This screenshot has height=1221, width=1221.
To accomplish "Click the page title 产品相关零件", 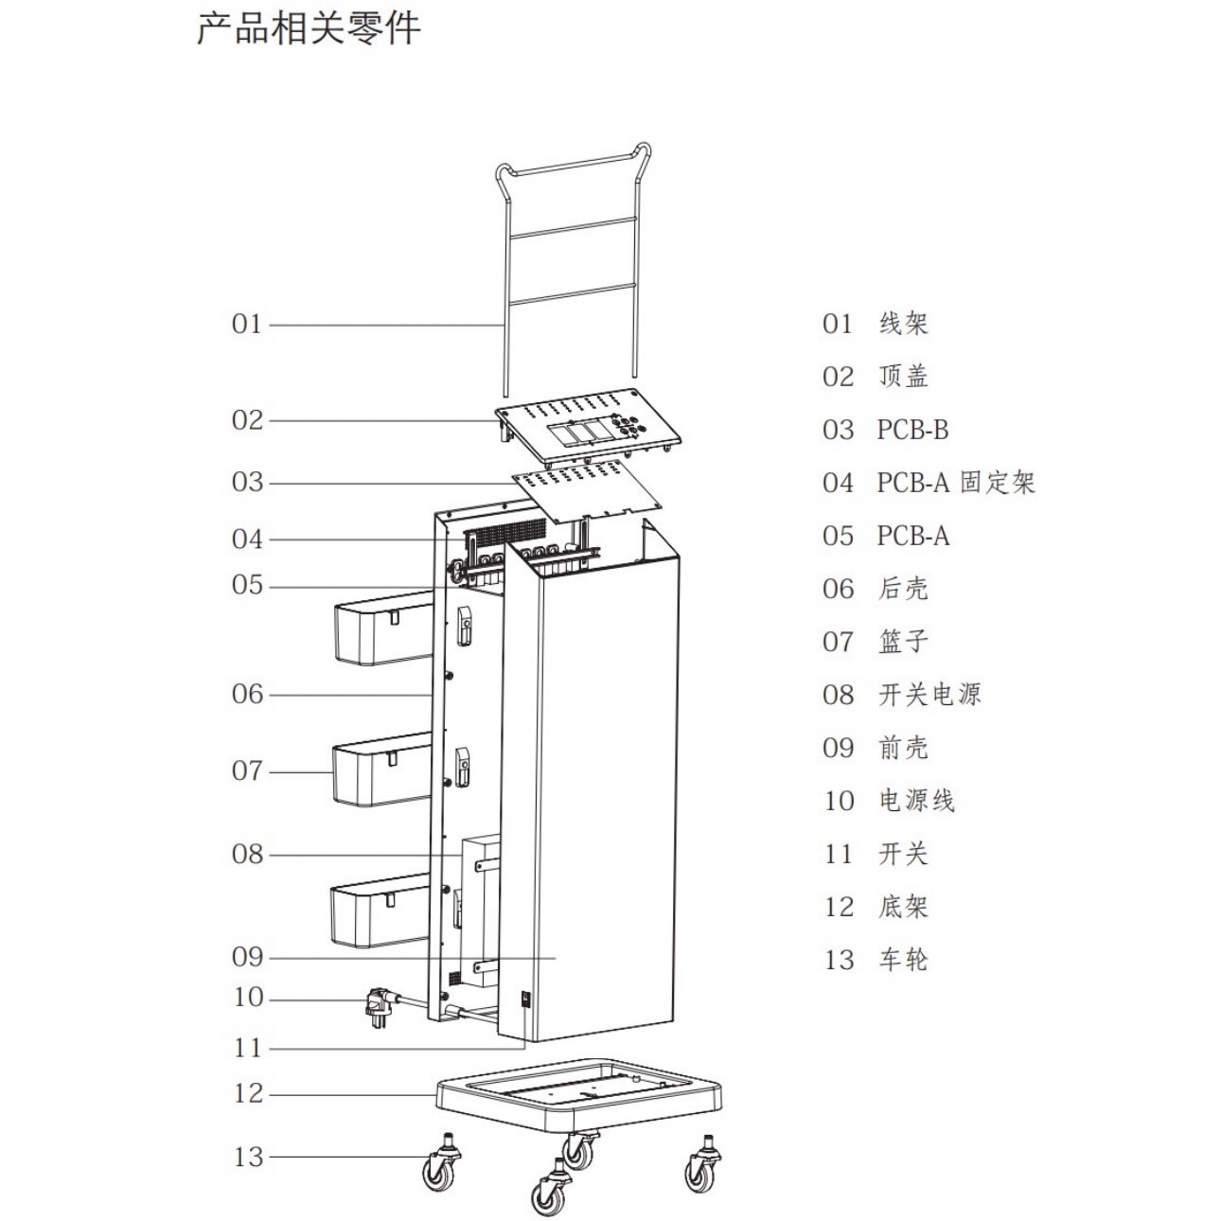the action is [309, 28].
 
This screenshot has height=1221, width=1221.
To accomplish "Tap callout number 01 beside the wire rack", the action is [246, 325].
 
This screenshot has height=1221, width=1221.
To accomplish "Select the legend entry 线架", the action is [903, 324].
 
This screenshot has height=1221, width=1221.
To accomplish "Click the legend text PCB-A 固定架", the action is [956, 483].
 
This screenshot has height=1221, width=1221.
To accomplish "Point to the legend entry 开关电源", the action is [929, 695].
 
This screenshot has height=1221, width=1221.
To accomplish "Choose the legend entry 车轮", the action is [903, 960].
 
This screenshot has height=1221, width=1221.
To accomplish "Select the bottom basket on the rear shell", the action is [379, 914].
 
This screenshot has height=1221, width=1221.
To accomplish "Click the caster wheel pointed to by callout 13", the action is [441, 1166].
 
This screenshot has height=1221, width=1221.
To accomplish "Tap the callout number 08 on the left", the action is [247, 855].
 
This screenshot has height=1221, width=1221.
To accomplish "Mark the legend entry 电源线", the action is [916, 801].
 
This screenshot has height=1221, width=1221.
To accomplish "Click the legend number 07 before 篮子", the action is [838, 642].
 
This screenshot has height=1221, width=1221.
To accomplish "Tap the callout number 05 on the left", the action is [247, 586].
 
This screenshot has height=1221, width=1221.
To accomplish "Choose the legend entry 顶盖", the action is [903, 377].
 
